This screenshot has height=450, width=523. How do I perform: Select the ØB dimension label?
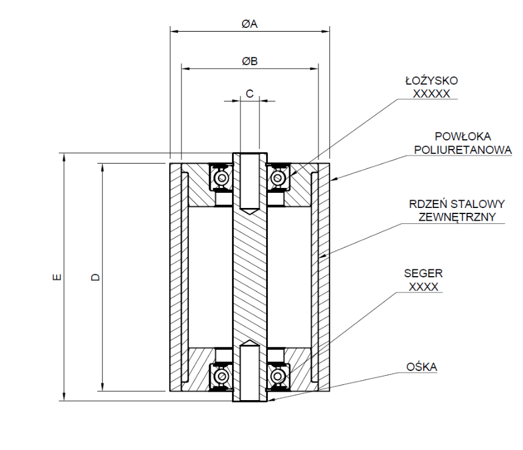[250, 61]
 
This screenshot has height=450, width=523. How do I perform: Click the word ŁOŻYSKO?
[432, 81]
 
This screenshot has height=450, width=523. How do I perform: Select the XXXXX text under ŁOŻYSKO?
[432, 94]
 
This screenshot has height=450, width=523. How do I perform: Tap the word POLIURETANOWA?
[463, 150]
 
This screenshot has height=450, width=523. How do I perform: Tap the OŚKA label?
[421, 367]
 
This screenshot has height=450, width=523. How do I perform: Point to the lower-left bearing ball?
[220, 376]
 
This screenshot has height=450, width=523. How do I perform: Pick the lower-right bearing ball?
[278, 376]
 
